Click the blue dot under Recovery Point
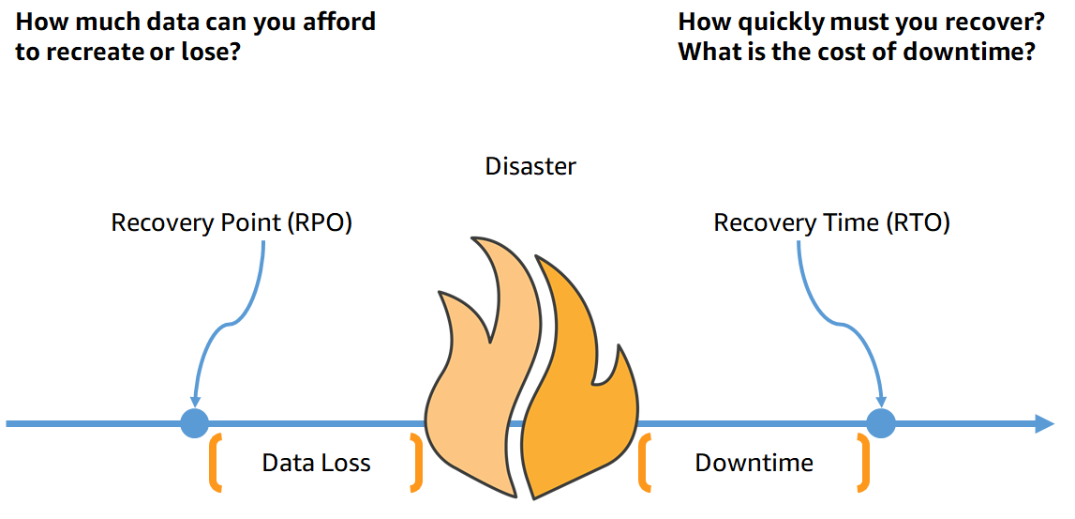point(194,423)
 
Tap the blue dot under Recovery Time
point(880,423)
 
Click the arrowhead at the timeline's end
point(1043,423)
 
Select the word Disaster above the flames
point(530,167)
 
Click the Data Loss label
point(316,463)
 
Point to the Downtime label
point(754,463)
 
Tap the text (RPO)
point(321,223)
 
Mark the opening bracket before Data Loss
point(216,463)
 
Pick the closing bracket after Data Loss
point(416,463)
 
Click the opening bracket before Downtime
point(645,463)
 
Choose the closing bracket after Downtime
point(862,463)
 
